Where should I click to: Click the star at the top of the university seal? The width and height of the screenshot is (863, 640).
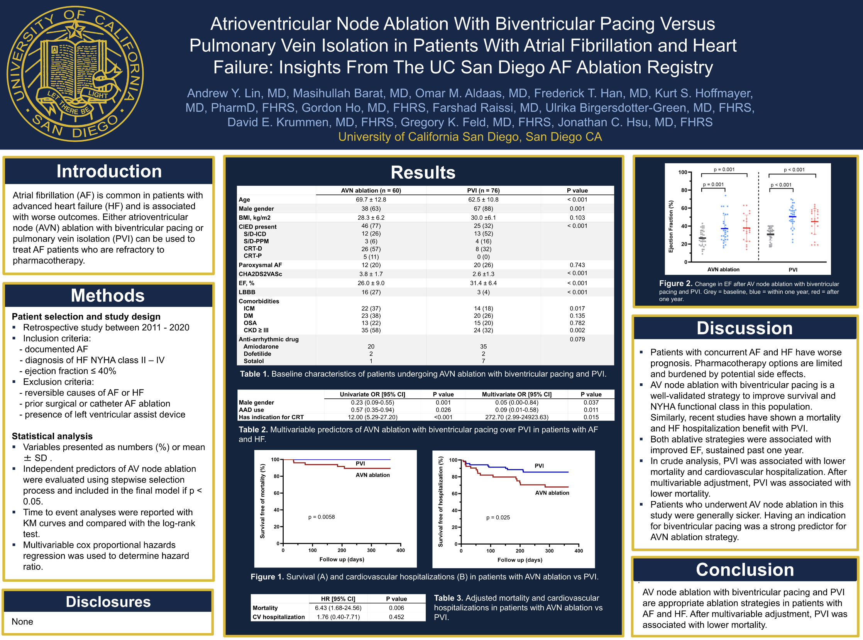75,30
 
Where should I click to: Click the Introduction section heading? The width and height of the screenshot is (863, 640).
109,171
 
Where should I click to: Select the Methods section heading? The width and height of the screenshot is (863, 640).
108,296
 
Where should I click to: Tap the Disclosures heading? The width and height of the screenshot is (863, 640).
108,602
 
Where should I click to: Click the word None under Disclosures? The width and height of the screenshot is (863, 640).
22,622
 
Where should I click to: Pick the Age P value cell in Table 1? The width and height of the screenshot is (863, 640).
577,200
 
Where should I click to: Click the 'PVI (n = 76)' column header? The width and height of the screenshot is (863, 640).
483,191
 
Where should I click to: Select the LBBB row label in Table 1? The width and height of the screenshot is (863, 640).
247,292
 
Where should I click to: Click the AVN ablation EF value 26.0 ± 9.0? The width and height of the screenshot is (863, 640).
371,283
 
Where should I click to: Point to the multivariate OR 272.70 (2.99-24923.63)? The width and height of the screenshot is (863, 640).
517,417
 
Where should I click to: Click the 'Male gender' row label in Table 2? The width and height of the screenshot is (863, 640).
256,403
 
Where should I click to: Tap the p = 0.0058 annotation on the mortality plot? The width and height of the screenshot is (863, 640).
322,517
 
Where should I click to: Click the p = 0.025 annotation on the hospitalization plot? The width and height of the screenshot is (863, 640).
498,518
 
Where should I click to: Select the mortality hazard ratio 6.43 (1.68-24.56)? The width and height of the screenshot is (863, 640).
338,608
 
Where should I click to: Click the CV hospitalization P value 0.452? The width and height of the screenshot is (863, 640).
396,617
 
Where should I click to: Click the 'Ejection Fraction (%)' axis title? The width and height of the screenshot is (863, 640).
671,227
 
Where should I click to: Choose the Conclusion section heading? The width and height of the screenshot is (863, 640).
745,570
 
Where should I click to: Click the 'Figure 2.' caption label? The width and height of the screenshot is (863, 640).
675,284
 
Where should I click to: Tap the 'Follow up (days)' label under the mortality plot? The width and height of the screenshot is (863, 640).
342,559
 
